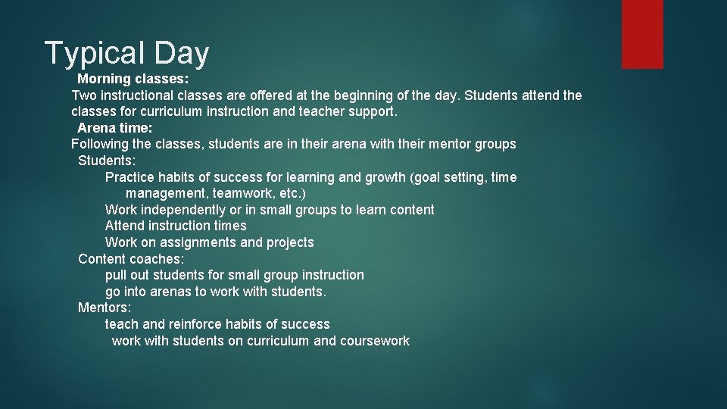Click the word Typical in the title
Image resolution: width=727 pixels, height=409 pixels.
click(95, 54)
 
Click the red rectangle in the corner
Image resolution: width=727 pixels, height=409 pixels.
click(642, 34)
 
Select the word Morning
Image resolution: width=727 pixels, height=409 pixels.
click(104, 79)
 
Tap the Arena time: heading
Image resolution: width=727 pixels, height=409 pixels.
click(115, 128)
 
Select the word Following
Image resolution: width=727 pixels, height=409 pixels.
click(100, 144)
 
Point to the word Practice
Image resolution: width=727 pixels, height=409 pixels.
click(129, 177)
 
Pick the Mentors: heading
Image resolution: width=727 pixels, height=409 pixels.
click(105, 308)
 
